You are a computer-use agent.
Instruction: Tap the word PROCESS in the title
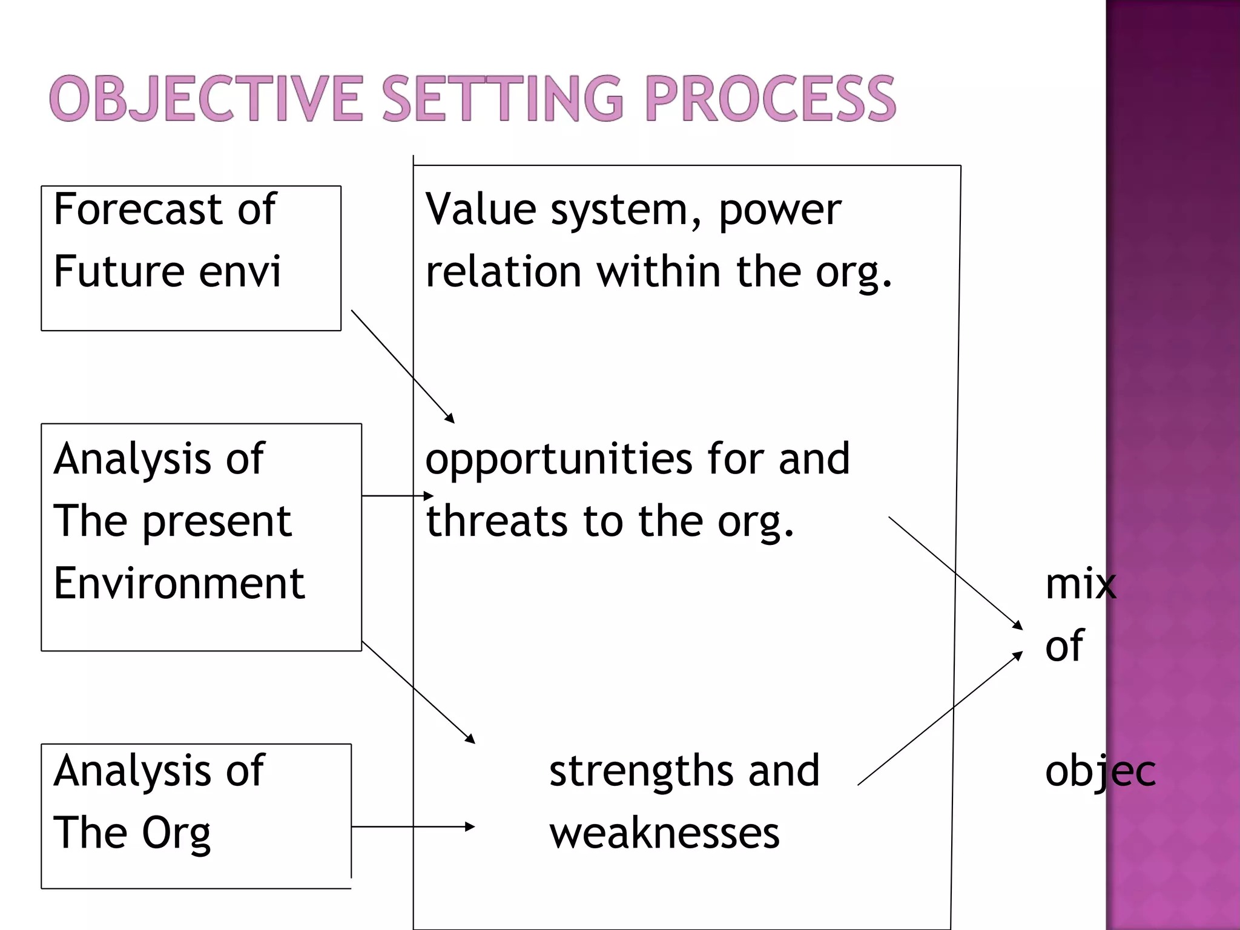point(770,99)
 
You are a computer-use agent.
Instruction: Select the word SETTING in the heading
point(503,99)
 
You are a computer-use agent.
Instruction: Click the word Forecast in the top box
point(138,209)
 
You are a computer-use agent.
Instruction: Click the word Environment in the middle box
point(179,584)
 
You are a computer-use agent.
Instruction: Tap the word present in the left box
point(217,522)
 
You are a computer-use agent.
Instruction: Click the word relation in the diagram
point(504,271)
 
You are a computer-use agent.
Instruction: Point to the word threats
point(496,522)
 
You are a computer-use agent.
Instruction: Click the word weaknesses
point(664,834)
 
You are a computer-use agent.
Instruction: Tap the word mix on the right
point(1080,584)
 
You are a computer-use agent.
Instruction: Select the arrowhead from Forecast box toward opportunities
point(450,418)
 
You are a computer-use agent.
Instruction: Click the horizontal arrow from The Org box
point(412,826)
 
